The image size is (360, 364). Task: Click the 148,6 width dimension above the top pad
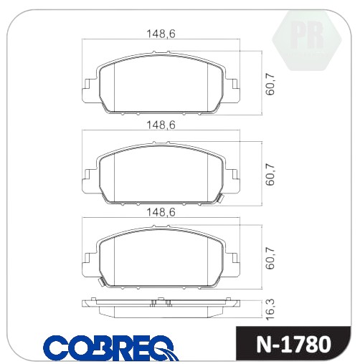pos(161,34)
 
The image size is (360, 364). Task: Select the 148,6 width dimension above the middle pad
pos(161,125)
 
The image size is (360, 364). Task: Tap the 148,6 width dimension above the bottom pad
pos(161,212)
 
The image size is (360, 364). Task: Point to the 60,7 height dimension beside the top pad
pos(270,84)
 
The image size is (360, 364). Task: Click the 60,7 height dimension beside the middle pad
pos(270,175)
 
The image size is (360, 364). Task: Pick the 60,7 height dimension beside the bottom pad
pos(270,259)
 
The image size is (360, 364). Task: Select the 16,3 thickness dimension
pos(270,309)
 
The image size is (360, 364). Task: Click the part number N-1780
pos(294,345)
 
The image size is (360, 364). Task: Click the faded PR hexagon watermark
pos(307,40)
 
